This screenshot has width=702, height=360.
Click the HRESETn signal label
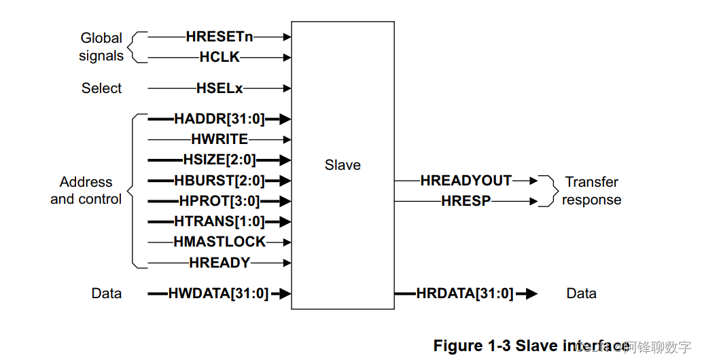219,37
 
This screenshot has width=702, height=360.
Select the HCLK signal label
220,58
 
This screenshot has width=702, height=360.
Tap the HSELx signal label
219,88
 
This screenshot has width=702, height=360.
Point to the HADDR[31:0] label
219,120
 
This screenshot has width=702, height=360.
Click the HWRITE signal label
219,140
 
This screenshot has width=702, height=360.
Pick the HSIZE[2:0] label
219,160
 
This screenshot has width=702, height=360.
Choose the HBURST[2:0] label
219,181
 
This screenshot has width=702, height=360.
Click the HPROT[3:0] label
219,201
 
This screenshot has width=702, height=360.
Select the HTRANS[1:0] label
219,221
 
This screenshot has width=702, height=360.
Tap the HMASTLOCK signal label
219,242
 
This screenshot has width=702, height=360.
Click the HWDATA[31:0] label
218,293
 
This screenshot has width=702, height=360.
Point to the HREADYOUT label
466,181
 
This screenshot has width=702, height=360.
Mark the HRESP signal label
466,201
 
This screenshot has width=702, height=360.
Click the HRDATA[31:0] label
465,293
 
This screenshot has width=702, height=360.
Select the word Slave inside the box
343,165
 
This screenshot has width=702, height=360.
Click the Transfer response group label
591,191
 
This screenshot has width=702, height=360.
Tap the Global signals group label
101,47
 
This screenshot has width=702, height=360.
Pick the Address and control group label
86,191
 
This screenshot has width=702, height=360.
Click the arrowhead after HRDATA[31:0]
530,293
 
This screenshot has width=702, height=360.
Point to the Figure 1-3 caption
530,346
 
